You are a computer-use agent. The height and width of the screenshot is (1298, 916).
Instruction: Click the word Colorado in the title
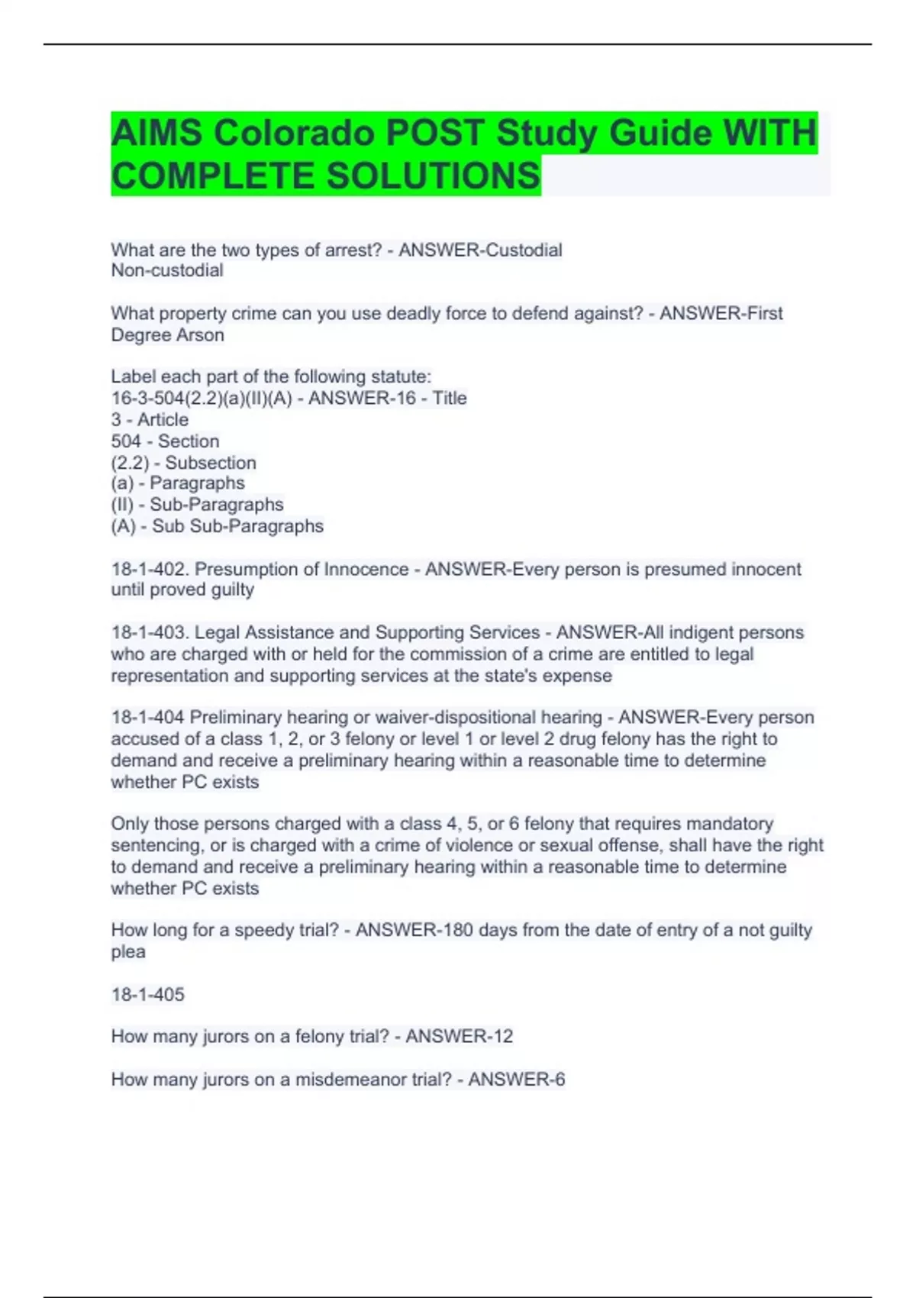click(294, 134)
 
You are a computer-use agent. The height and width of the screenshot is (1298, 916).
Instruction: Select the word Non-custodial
click(167, 270)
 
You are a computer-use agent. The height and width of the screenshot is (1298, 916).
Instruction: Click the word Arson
click(201, 334)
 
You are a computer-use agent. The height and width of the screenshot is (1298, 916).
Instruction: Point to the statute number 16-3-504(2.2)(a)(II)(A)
click(202, 398)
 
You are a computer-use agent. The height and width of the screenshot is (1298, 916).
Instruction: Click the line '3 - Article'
click(150, 419)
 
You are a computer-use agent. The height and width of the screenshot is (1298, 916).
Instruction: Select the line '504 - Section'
click(165, 441)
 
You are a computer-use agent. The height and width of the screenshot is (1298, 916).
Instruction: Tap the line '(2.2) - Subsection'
click(183, 463)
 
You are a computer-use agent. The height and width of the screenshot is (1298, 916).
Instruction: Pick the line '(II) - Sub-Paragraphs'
click(197, 505)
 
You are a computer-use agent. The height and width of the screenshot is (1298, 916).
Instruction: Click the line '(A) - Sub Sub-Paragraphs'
click(217, 526)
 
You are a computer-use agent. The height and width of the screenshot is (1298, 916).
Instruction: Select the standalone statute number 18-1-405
click(147, 994)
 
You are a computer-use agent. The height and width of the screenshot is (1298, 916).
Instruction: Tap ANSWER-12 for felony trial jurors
click(459, 1036)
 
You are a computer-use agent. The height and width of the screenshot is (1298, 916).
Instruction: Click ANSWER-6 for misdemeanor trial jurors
click(516, 1079)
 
